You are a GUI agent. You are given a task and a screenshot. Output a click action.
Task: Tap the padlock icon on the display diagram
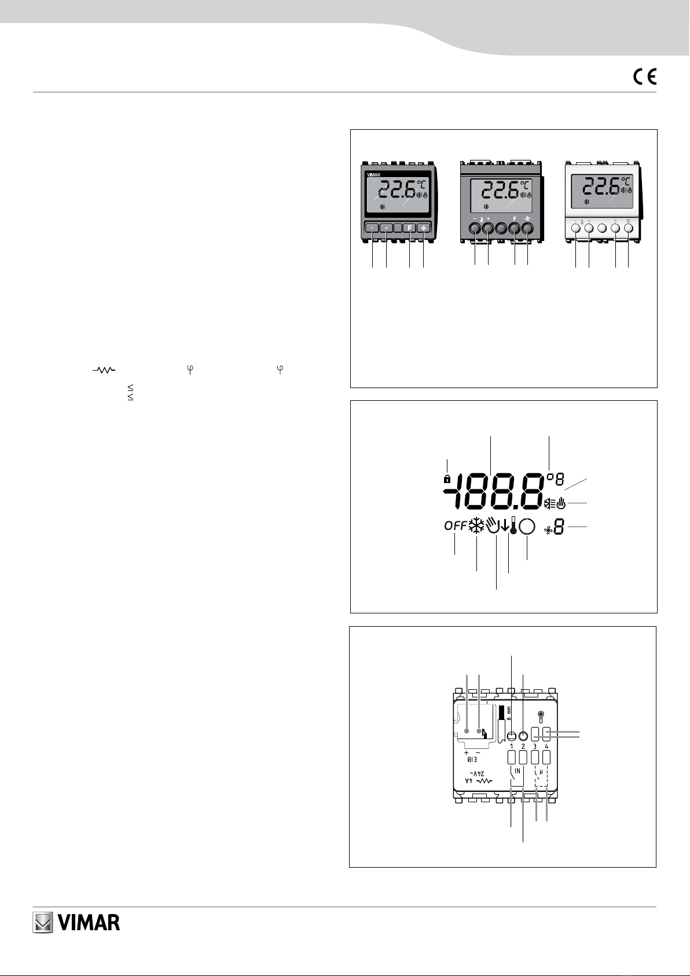click(x=447, y=479)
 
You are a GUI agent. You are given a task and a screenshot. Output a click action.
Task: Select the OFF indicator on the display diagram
click(x=455, y=526)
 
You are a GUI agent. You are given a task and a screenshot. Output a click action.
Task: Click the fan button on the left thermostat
click(x=424, y=228)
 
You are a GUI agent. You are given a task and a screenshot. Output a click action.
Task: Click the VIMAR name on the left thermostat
click(x=373, y=174)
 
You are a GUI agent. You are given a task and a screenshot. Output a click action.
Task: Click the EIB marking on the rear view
click(x=472, y=759)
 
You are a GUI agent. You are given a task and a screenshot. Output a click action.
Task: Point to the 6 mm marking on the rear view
click(x=509, y=713)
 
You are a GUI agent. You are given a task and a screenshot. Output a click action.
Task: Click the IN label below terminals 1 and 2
click(x=517, y=771)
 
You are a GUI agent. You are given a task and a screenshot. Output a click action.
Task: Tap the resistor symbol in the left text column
click(x=104, y=370)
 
